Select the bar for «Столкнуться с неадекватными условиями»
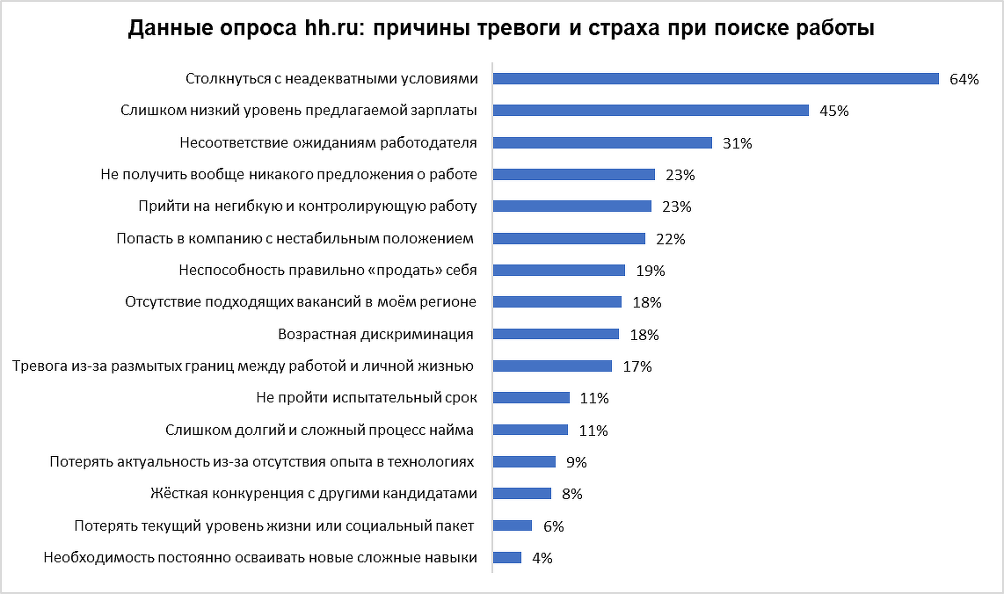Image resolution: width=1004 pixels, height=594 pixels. (x=716, y=78)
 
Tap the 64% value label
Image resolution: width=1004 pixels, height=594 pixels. (x=964, y=79)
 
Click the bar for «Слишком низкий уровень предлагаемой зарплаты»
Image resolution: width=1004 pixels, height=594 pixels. (x=651, y=111)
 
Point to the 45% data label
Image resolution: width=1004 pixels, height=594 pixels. (x=833, y=111)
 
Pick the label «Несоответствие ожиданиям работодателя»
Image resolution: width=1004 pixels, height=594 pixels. (x=328, y=142)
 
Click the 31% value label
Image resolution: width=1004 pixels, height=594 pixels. (x=737, y=143)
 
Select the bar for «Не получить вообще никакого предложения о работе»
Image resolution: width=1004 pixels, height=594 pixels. (x=574, y=174)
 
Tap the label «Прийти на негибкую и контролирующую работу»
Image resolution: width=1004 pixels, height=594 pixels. (x=308, y=206)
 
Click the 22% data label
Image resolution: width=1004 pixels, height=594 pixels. (x=670, y=239)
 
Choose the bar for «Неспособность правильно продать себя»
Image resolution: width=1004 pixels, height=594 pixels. (x=559, y=270)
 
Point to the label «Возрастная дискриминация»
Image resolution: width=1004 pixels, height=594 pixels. (x=375, y=334)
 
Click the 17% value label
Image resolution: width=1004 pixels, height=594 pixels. (x=637, y=366)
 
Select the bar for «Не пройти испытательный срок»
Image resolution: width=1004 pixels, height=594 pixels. (x=531, y=397)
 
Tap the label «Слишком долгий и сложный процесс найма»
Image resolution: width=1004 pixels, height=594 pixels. (x=320, y=430)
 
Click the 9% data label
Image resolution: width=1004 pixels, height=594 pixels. (x=576, y=462)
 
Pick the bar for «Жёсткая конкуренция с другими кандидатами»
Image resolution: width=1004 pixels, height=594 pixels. (x=522, y=493)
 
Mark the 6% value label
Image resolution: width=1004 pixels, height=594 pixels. (x=553, y=526)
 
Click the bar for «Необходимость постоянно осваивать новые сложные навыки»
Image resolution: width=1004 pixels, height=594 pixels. (x=507, y=557)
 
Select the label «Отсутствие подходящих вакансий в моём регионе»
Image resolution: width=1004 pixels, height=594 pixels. (x=302, y=301)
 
